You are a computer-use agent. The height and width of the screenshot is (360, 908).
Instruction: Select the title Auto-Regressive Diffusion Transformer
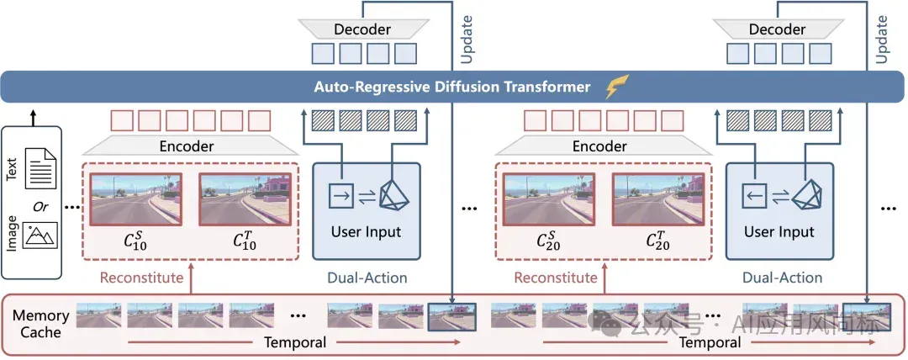tap(452, 87)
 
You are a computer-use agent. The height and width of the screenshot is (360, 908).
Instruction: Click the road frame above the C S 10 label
tap(136, 199)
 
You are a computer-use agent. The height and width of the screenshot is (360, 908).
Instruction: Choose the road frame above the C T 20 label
tap(659, 199)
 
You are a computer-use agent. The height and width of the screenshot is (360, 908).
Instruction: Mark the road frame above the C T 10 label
tap(245, 199)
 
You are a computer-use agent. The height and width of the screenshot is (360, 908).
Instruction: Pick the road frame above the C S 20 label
tap(550, 199)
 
